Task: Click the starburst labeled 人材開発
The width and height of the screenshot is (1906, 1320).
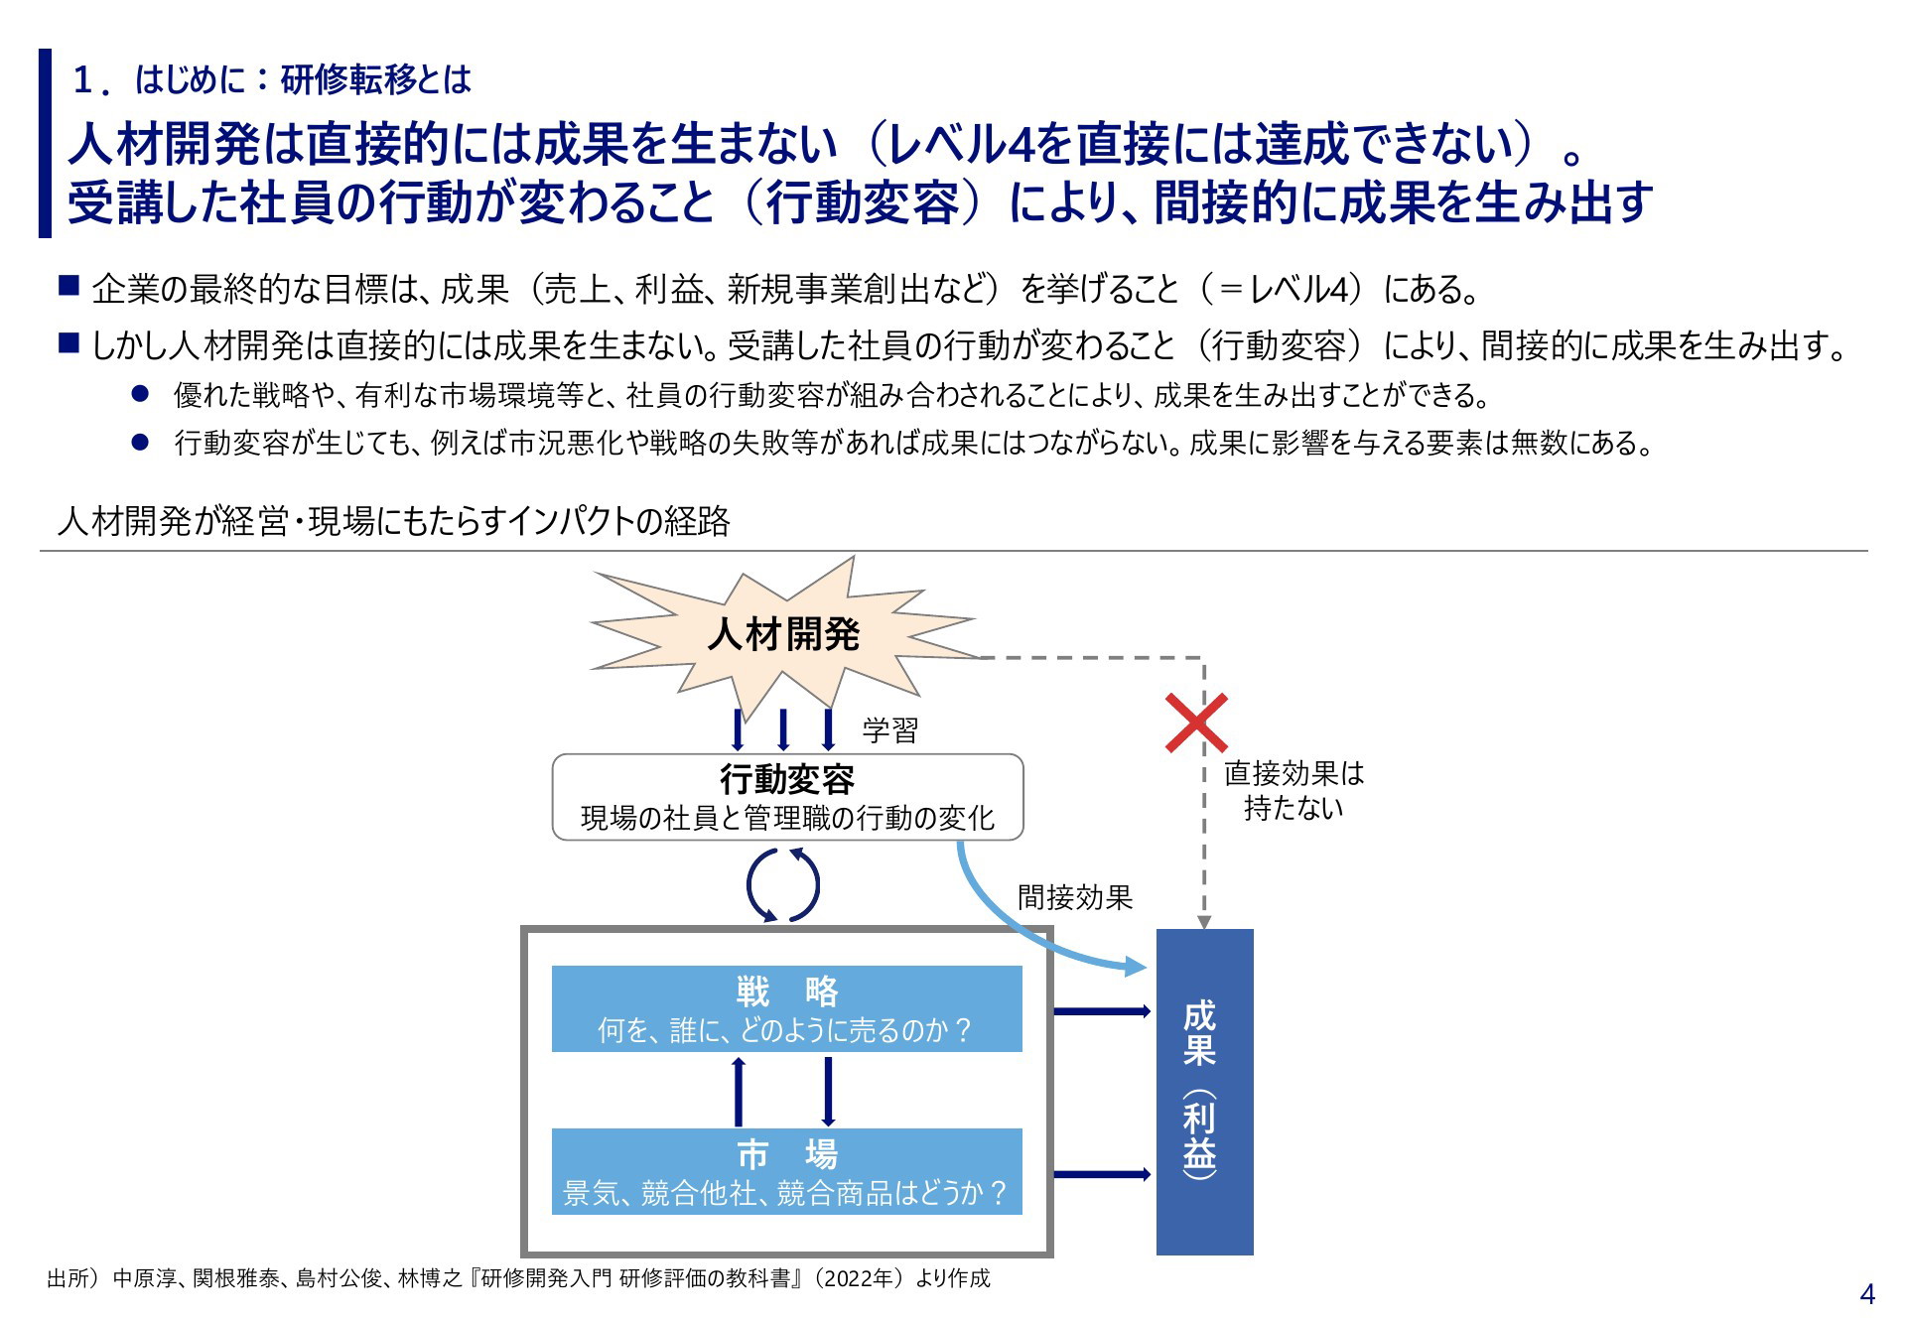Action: pos(784,635)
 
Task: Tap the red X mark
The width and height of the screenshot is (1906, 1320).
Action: pos(1196,723)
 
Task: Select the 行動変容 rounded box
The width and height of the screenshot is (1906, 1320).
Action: pos(787,797)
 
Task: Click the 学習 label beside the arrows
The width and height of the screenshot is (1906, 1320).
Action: pos(889,730)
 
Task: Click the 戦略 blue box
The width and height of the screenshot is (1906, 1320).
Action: pos(787,1008)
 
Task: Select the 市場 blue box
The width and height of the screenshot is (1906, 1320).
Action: pos(787,1171)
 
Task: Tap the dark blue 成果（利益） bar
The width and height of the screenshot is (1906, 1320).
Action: pos(1204,1092)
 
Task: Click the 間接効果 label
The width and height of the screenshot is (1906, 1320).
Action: pos(1075,897)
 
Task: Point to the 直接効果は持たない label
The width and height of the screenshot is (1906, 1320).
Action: pos(1293,790)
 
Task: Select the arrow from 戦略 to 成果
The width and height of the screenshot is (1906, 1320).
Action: pos(1102,1011)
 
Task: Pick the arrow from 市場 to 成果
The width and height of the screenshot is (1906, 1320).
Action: pos(1102,1174)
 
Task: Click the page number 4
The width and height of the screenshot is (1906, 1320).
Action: pos(1867,1294)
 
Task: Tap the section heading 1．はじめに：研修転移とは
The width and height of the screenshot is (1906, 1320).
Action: pos(271,79)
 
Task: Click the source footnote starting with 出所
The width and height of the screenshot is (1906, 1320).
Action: pos(518,1278)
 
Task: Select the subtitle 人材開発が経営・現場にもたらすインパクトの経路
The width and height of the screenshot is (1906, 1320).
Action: pos(394,521)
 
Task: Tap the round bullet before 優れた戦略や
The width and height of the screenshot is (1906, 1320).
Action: pos(140,394)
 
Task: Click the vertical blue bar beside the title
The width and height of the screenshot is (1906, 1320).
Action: pos(45,143)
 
